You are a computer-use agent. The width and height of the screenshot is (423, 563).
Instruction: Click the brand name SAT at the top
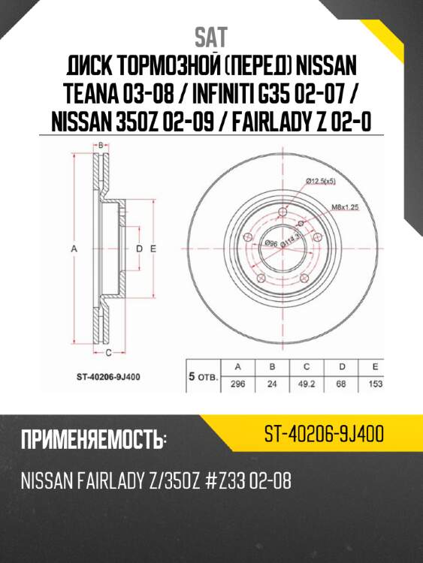tap(211, 36)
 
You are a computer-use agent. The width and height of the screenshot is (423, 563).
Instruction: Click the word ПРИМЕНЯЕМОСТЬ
tap(92, 440)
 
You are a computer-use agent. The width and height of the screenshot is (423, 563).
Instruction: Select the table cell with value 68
tap(342, 384)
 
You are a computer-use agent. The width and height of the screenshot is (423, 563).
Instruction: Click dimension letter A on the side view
tap(74, 247)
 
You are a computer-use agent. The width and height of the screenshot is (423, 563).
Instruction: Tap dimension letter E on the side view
tap(152, 248)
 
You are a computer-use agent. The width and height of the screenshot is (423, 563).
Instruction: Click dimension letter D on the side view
tap(138, 248)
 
